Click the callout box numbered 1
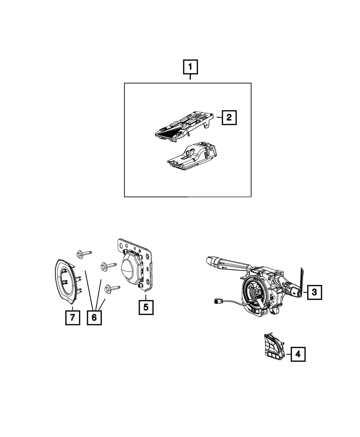(x=190, y=67)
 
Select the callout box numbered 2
(x=229, y=117)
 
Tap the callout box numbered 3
(x=314, y=292)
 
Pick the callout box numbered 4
(x=297, y=354)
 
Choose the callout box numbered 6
(x=94, y=317)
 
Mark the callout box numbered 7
(x=72, y=317)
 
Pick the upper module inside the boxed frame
(x=184, y=126)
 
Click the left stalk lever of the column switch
(x=227, y=263)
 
